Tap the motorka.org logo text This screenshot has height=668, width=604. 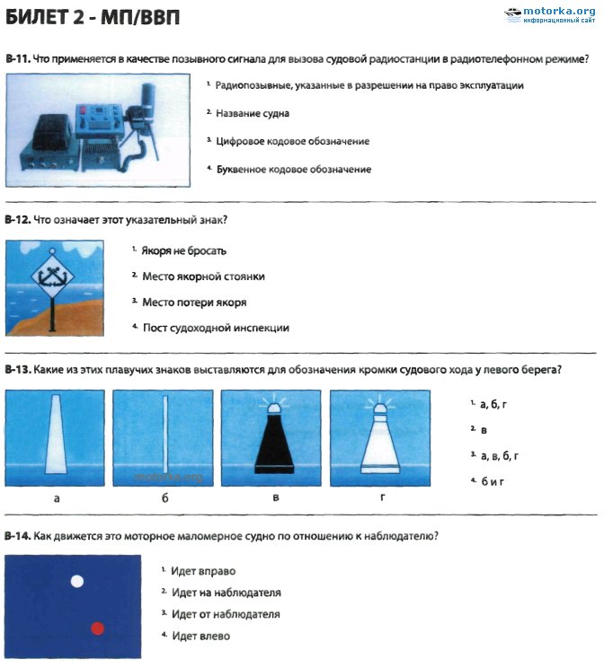point(557,10)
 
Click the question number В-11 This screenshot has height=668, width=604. point(17,59)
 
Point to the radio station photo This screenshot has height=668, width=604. point(98,131)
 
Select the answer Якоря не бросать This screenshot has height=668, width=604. point(183,250)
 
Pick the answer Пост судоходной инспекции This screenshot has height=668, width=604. point(215,328)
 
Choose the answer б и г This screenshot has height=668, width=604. point(493,481)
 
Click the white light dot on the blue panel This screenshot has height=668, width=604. point(77,581)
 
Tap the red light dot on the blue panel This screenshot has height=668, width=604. point(98,628)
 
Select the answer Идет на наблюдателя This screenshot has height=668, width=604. point(226,593)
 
